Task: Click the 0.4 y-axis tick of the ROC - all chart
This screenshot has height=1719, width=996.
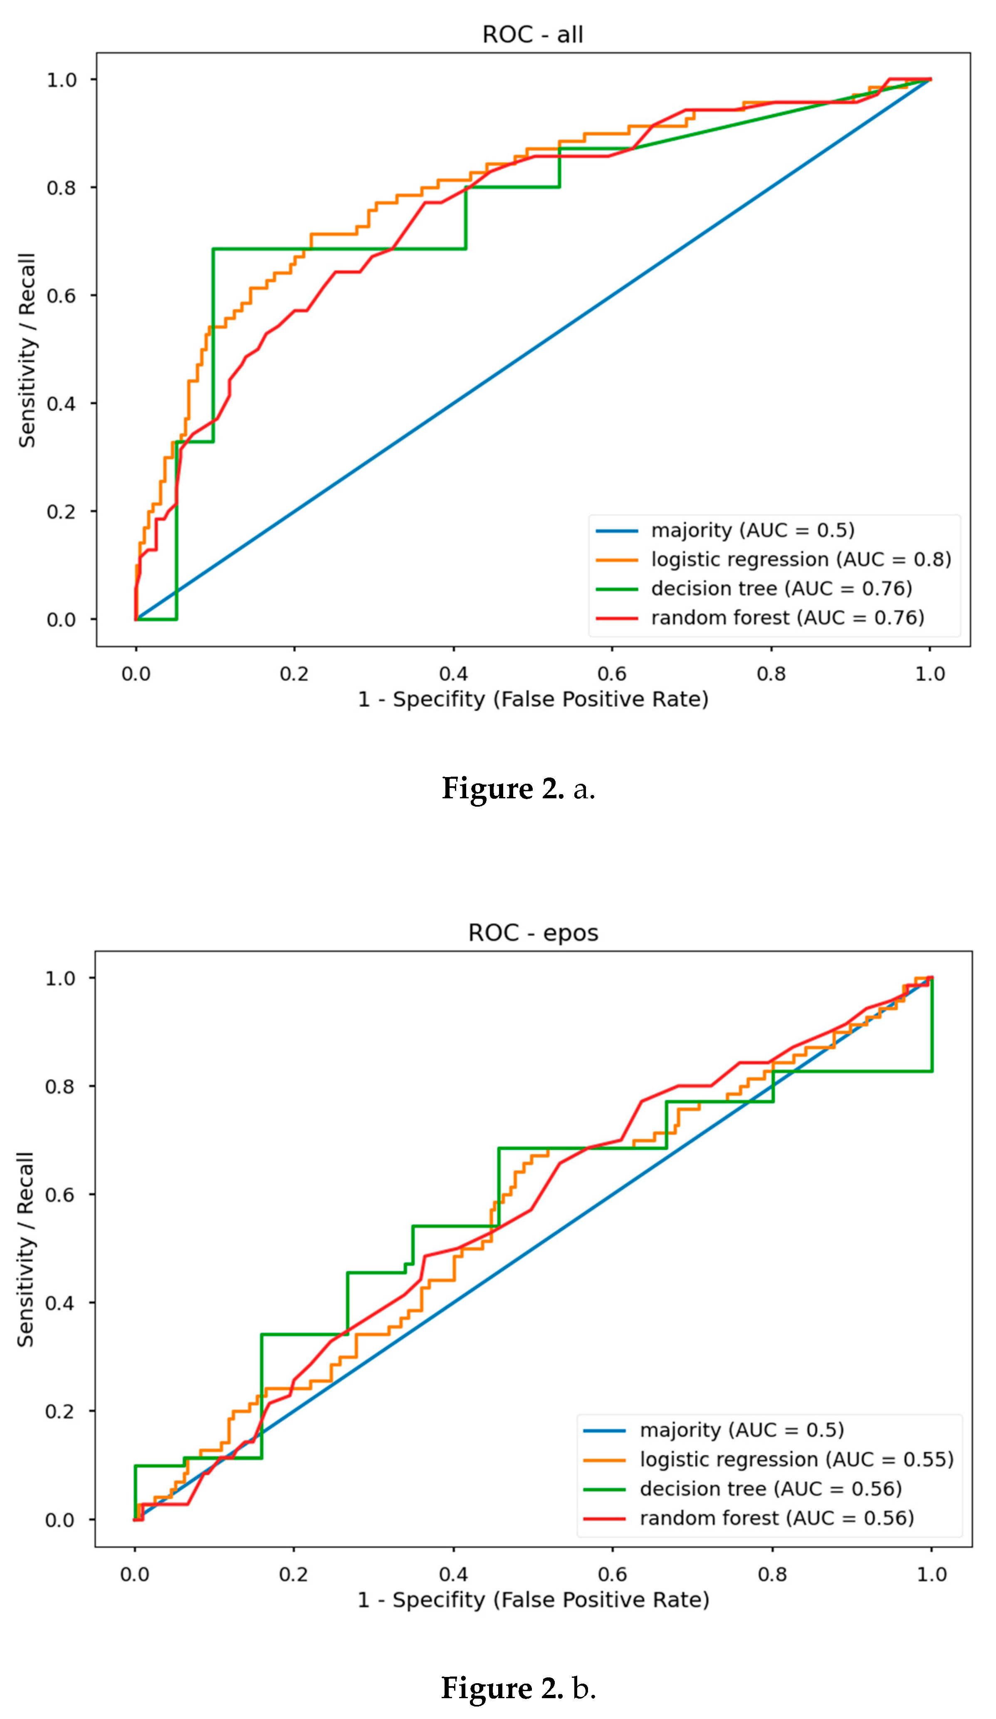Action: click(x=62, y=404)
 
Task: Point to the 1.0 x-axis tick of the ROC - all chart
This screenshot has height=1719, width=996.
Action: click(x=930, y=674)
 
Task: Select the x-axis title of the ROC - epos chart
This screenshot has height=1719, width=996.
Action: click(x=533, y=1600)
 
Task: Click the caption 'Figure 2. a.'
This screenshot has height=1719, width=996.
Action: click(x=518, y=789)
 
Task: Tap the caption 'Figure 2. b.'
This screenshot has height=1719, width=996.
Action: click(x=518, y=1688)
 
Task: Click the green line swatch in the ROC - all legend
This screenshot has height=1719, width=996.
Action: click(x=617, y=589)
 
